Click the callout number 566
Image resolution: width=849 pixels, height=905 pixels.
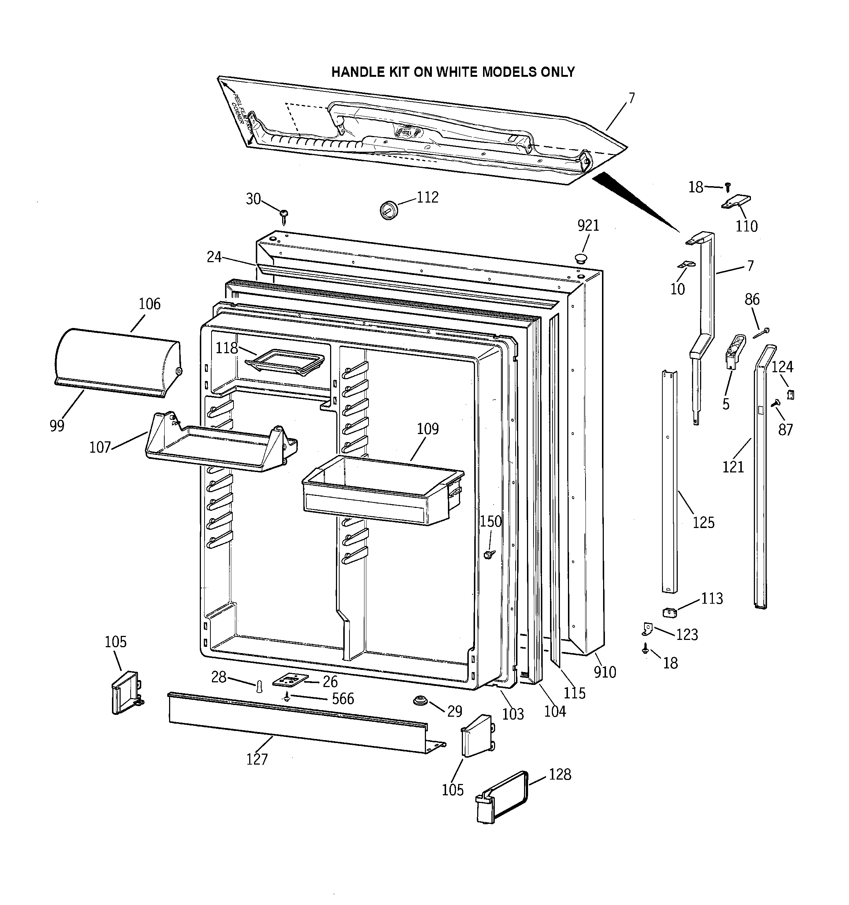[x=343, y=699]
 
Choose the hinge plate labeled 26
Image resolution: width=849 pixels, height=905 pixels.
[x=290, y=680]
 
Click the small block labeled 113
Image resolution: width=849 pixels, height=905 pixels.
[x=669, y=612]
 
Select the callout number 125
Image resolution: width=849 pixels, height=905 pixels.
[x=703, y=523]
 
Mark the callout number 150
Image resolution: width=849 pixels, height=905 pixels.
[x=490, y=521]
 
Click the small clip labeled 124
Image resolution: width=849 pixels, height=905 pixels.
[x=791, y=394]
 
